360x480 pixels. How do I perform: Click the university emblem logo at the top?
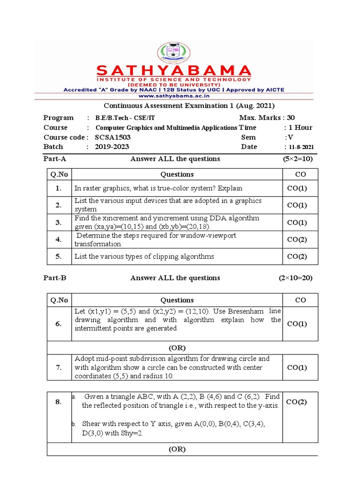tap(174, 53)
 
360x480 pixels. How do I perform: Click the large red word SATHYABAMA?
tap(174, 71)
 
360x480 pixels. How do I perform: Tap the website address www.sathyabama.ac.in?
tap(174, 95)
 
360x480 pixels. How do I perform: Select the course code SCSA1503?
tap(113, 137)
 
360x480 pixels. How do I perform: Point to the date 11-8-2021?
tap(302, 147)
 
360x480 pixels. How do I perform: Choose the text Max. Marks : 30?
tap(267, 118)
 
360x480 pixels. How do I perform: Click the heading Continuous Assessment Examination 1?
tap(189, 105)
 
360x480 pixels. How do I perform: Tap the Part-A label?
tap(55, 159)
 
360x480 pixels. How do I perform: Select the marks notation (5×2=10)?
tap(297, 159)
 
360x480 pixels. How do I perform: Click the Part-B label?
tap(55, 278)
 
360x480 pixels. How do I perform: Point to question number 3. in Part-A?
tap(59, 223)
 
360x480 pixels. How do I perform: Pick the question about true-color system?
tap(158, 188)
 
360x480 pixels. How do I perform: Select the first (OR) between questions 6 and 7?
tap(177, 348)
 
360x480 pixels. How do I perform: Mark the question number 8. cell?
tap(59, 401)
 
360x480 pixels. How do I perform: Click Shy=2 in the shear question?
tap(131, 434)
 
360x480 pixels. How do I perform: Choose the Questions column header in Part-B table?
tap(177, 300)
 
